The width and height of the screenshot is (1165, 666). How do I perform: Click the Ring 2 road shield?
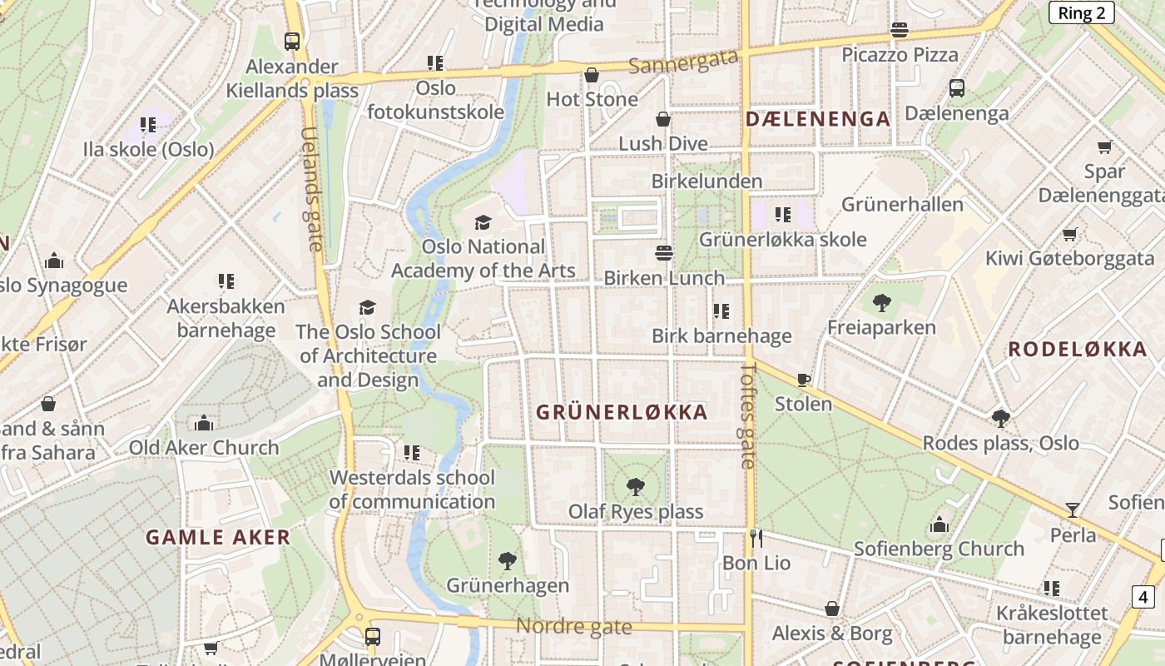(1081, 12)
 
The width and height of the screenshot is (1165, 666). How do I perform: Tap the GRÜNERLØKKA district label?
(622, 412)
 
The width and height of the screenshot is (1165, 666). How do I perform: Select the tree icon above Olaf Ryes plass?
(636, 486)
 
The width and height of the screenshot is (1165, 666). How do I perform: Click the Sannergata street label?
(684, 61)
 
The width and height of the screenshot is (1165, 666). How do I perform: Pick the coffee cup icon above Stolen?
(803, 380)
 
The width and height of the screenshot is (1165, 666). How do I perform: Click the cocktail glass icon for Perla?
(1073, 509)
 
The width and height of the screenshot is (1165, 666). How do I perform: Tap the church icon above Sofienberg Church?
(939, 524)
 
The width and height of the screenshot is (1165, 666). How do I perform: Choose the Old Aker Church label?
(204, 447)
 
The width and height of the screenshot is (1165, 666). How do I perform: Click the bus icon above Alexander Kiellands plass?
(292, 41)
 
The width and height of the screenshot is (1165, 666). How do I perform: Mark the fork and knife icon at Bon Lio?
(756, 538)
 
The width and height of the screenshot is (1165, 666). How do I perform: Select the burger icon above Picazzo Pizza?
(900, 31)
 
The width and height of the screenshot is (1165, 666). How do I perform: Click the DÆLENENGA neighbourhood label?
(818, 119)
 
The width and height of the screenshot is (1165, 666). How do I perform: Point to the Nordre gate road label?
(574, 626)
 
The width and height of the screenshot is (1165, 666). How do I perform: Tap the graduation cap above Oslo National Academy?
(483, 222)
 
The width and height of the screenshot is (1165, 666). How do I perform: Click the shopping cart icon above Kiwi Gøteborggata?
(1069, 234)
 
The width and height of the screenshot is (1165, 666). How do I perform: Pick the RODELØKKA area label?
(1078, 350)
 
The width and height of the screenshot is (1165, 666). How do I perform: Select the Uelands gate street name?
(311, 189)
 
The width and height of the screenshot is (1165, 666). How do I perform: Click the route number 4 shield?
(1143, 596)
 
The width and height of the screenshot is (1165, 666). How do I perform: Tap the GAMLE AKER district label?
(218, 537)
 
